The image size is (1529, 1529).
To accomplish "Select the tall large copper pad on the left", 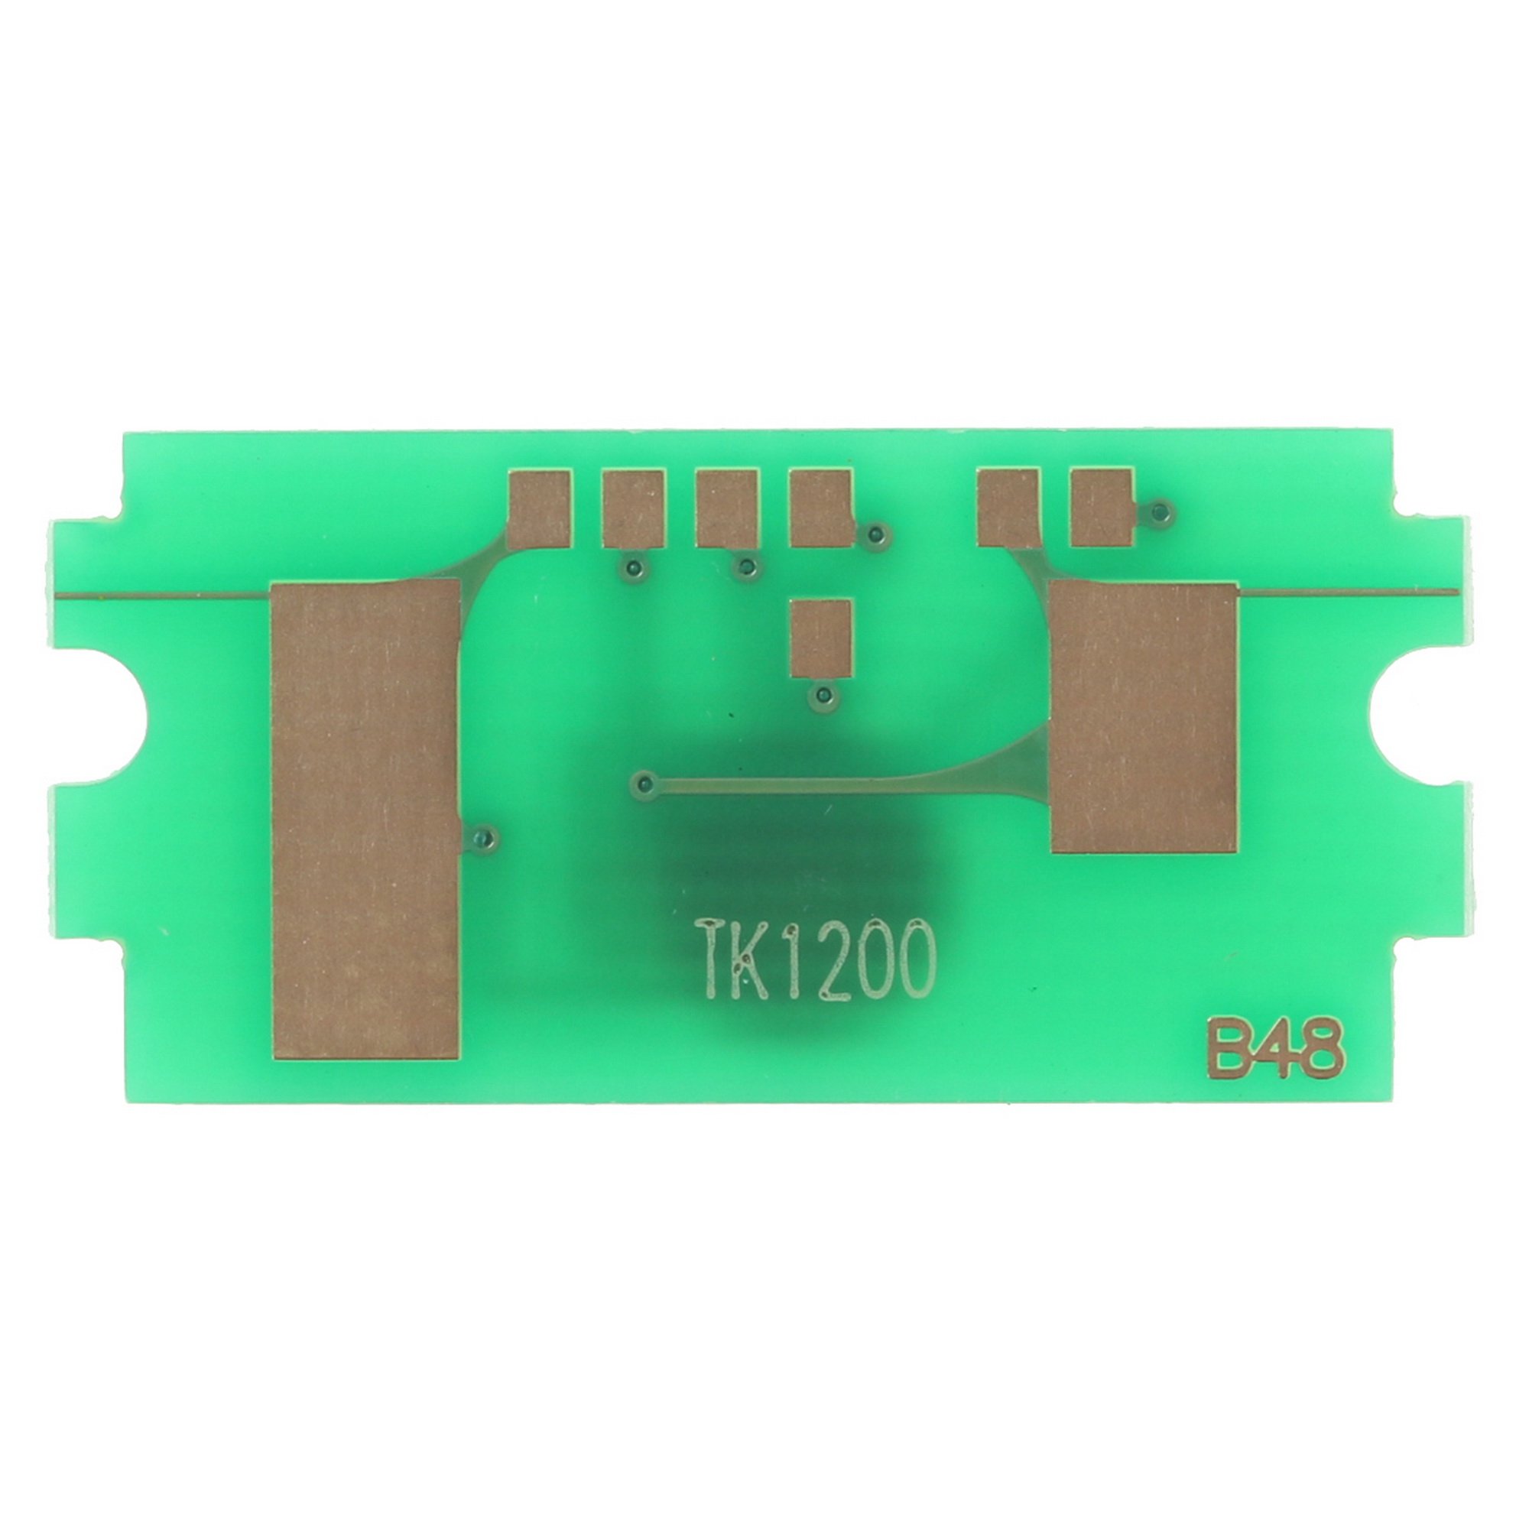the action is click(365, 819).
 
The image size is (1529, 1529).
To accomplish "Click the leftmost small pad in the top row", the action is click(539, 508).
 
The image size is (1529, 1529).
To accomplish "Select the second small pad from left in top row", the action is click(632, 508).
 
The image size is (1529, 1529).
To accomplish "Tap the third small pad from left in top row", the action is click(726, 508).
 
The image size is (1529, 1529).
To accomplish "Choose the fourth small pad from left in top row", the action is click(820, 508).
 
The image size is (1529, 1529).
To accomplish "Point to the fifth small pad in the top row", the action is click(1008, 508).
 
